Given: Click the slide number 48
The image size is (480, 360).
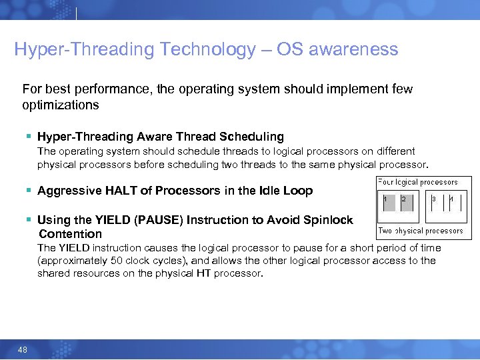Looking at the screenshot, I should pyautogui.click(x=22, y=349).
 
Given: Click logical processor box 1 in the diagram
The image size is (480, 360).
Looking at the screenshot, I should pyautogui.click(x=387, y=206).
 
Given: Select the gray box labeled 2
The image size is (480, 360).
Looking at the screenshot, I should pyautogui.click(x=407, y=206).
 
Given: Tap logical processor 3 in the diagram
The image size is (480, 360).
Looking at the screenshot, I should pyautogui.click(x=436, y=206).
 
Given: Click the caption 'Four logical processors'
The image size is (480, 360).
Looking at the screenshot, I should pyautogui.click(x=418, y=181).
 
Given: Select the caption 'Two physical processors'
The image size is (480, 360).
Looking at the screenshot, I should pyautogui.click(x=420, y=231).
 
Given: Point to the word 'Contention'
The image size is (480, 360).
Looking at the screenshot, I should pyautogui.click(x=70, y=234).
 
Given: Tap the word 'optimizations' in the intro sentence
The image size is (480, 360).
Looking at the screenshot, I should pyautogui.click(x=60, y=105).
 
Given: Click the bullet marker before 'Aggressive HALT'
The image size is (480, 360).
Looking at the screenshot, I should pyautogui.click(x=29, y=191).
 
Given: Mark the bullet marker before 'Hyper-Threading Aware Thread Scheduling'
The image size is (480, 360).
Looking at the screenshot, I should pyautogui.click(x=29, y=137).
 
